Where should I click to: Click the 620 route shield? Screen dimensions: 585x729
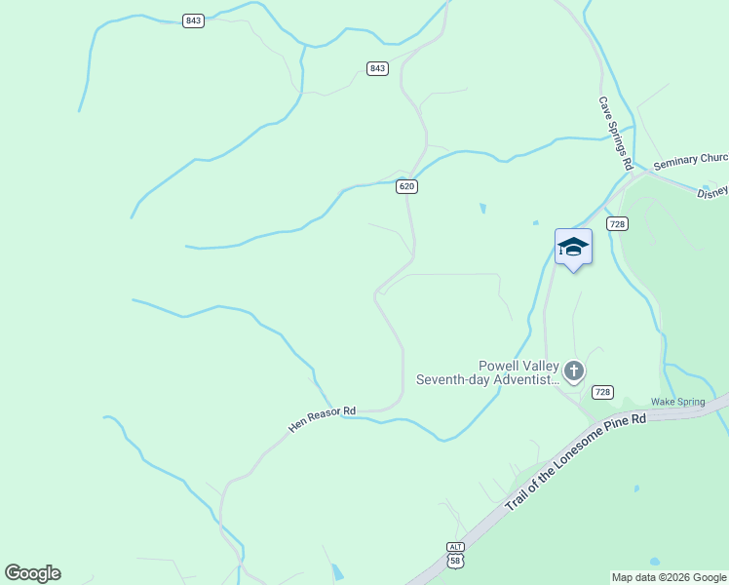tap(407, 186)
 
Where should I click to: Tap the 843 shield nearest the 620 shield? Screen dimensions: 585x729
tap(378, 68)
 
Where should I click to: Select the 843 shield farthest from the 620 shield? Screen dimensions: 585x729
tap(193, 20)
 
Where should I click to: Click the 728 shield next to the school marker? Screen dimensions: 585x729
tap(616, 224)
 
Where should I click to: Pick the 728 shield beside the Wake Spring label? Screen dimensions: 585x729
tap(602, 392)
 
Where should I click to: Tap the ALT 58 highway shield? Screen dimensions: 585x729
tap(455, 555)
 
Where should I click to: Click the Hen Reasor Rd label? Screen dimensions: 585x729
tap(323, 420)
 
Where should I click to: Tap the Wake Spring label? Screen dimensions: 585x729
tap(677, 402)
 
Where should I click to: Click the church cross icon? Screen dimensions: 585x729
tap(574, 370)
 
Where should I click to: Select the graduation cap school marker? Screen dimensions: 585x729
tap(573, 248)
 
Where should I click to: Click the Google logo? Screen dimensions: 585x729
tap(33, 573)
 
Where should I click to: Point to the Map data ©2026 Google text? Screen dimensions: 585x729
tap(669, 577)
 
